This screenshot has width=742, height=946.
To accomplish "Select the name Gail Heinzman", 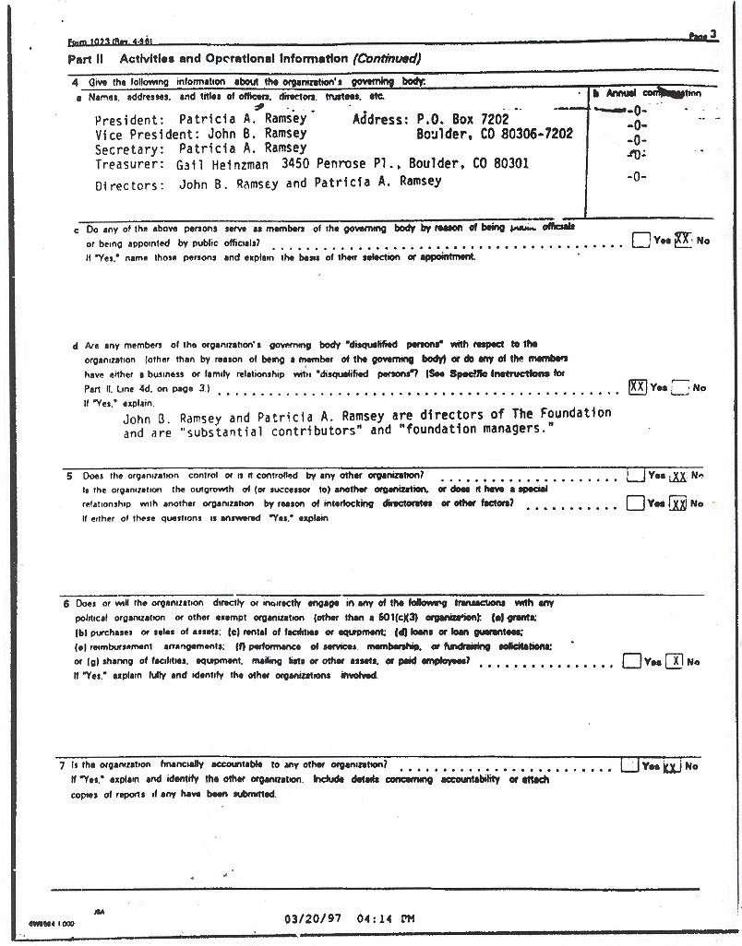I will [218, 163].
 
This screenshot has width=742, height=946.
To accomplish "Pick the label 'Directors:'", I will [130, 184].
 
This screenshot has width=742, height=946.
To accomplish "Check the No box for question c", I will [683, 239].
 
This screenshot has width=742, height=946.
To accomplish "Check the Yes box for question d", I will [637, 387].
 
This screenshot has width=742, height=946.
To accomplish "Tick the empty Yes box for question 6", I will [631, 660].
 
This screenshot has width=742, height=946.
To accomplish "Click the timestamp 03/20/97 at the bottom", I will [317, 918].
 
